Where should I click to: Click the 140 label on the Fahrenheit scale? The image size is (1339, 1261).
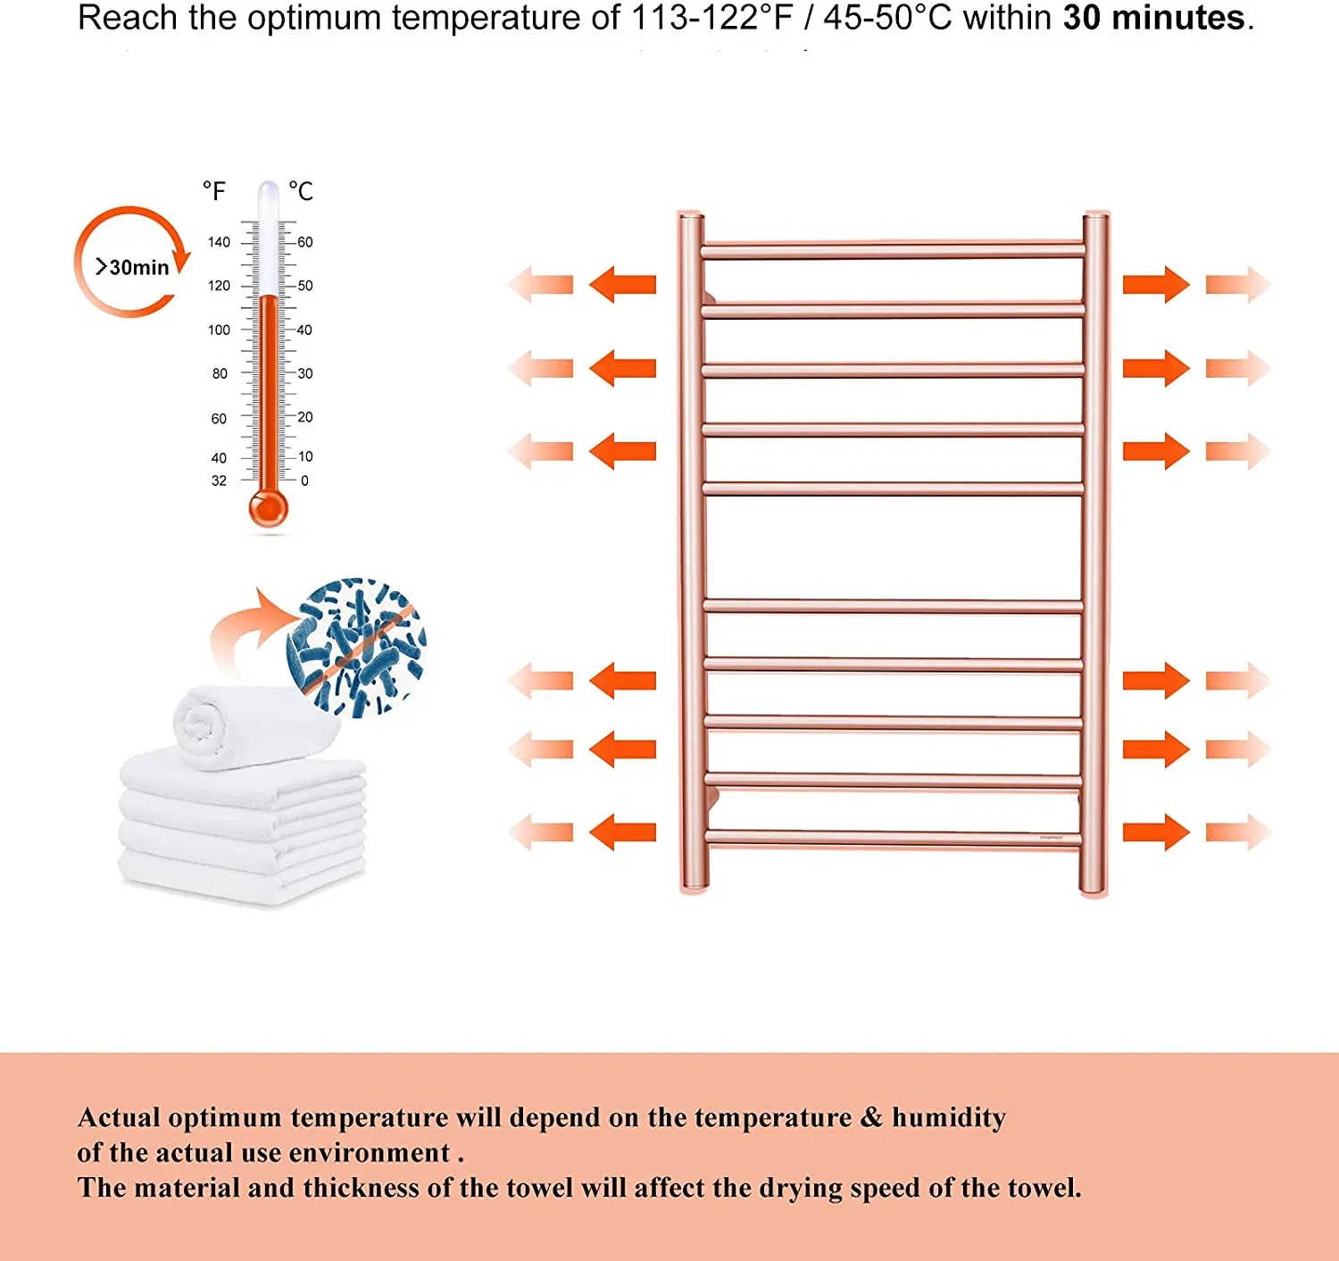[x=219, y=242]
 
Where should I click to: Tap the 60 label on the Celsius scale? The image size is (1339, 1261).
[x=305, y=242]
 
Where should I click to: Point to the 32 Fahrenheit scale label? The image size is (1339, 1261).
[x=219, y=480]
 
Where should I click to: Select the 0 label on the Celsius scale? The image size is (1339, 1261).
[x=304, y=480]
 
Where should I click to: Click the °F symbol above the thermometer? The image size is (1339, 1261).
[x=214, y=191]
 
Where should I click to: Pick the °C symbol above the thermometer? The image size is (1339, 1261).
[x=301, y=191]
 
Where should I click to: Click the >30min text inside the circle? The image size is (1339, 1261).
[x=132, y=267]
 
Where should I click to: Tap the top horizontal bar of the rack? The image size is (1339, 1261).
[x=893, y=250]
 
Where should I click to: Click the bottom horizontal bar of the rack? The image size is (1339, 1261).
[x=893, y=838]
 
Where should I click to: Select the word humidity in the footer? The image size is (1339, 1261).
[x=949, y=1117]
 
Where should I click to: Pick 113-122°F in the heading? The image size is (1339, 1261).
[x=711, y=18]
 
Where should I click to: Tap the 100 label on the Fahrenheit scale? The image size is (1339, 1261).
[x=219, y=330]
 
